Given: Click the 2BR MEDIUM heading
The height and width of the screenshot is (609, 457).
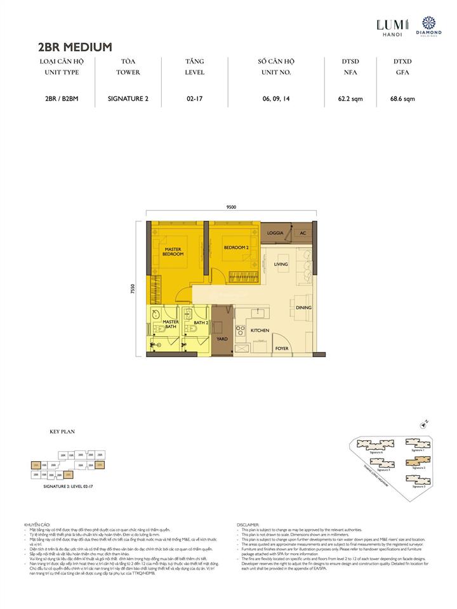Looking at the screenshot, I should click(75, 46).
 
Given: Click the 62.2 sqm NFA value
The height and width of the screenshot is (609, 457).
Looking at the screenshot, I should click(350, 98).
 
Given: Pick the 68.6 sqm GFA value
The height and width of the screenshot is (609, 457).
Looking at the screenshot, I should click(402, 98).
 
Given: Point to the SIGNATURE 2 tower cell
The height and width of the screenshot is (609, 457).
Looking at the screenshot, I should click(128, 98).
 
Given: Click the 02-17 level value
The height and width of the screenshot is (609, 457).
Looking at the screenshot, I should click(194, 98).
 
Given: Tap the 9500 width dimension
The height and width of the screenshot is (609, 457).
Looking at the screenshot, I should click(230, 207).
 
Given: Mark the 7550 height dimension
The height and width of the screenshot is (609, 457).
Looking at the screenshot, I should click(133, 288).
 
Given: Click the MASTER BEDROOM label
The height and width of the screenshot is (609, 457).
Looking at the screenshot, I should click(174, 252).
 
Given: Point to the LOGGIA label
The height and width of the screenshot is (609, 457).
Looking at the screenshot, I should click(275, 233).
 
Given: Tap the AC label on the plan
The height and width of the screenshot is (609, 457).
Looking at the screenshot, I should click(303, 233).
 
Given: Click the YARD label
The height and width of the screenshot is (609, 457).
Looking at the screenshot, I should click(222, 339).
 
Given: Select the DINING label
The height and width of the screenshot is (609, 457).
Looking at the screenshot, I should click(303, 308).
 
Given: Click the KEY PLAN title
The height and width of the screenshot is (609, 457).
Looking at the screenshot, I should click(62, 431).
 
